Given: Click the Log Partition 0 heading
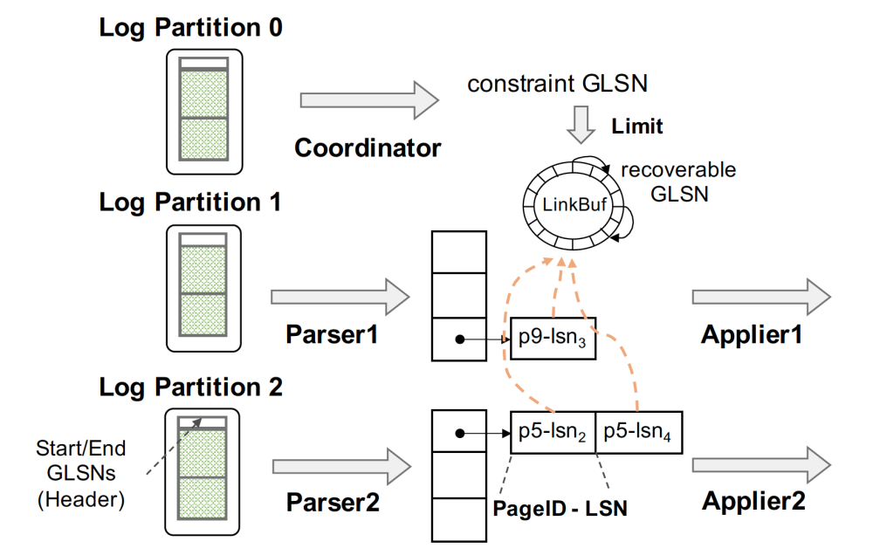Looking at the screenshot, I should pyautogui.click(x=190, y=28).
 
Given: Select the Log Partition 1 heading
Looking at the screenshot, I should pyautogui.click(x=190, y=202).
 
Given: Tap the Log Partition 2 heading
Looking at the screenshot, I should pyautogui.click(x=190, y=386).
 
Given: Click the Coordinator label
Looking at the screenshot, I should pyautogui.click(x=368, y=147).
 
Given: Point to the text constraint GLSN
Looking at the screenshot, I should pyautogui.click(x=556, y=84).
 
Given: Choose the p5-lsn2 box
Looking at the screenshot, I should pyautogui.click(x=552, y=433).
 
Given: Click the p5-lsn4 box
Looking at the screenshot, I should pyautogui.click(x=638, y=433).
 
